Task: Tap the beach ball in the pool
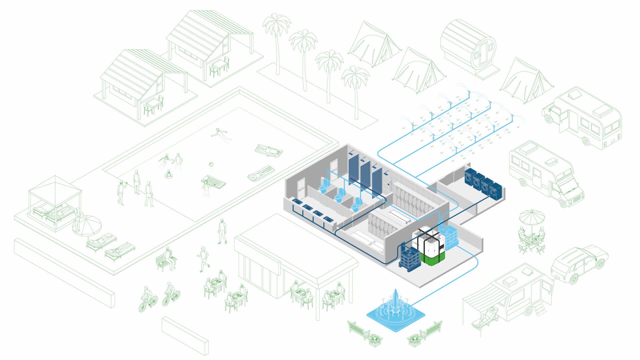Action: pos(211,164)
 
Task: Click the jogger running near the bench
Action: pos(203,259)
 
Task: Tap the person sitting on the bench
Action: pos(169,257)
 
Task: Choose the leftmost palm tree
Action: pos(277,37)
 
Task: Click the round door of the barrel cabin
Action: pos(482,52)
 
